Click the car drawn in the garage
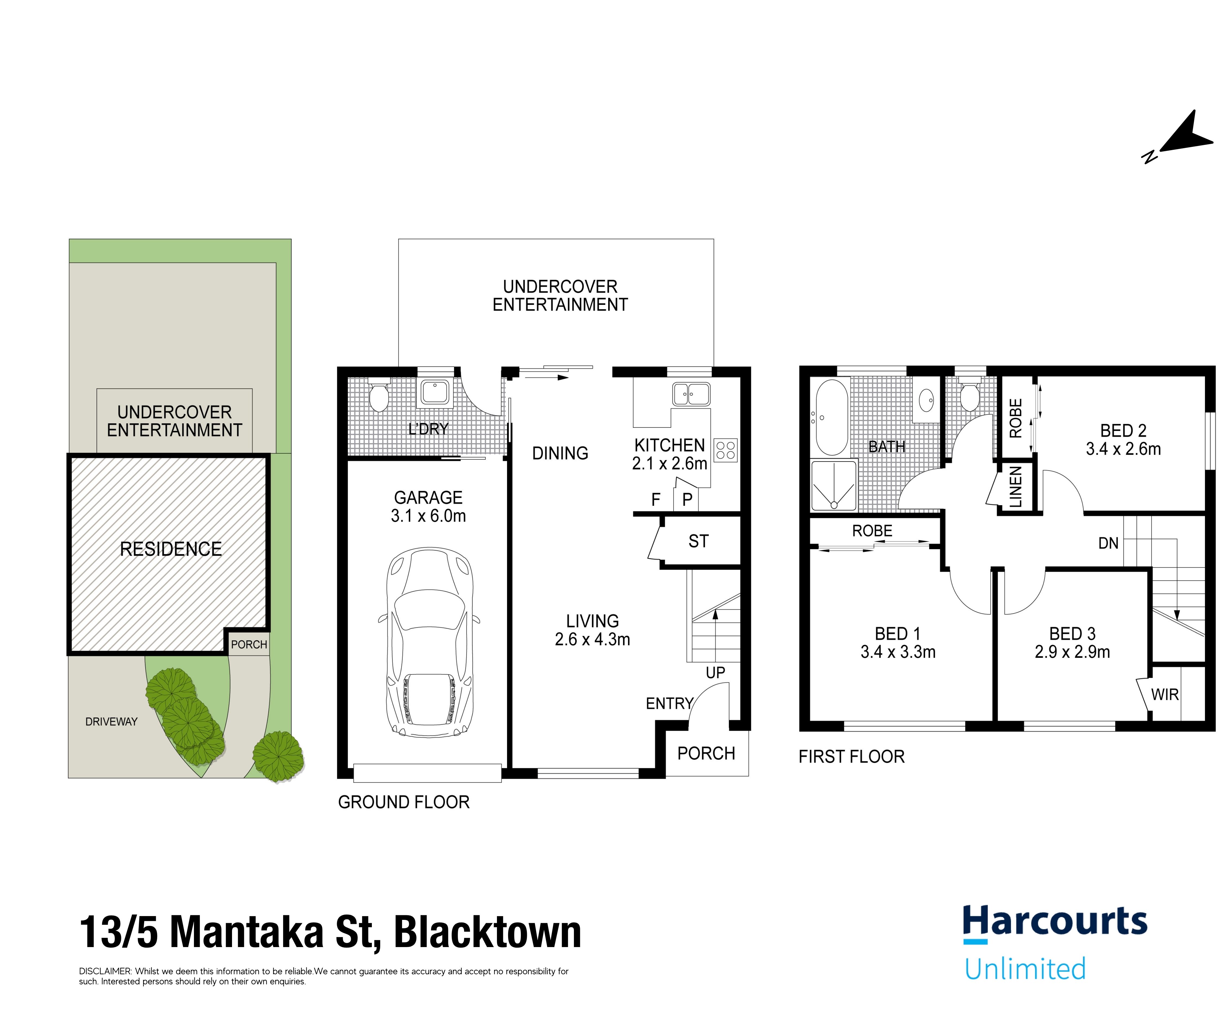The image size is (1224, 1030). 429,642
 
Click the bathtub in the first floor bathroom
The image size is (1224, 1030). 832,417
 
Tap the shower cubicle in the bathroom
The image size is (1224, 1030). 834,485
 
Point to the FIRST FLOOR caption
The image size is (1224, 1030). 851,757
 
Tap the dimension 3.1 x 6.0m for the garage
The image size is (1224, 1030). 428,516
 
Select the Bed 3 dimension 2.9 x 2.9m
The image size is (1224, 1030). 1072,651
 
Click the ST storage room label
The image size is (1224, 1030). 698,541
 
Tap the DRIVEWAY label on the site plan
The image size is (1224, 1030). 111,722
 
